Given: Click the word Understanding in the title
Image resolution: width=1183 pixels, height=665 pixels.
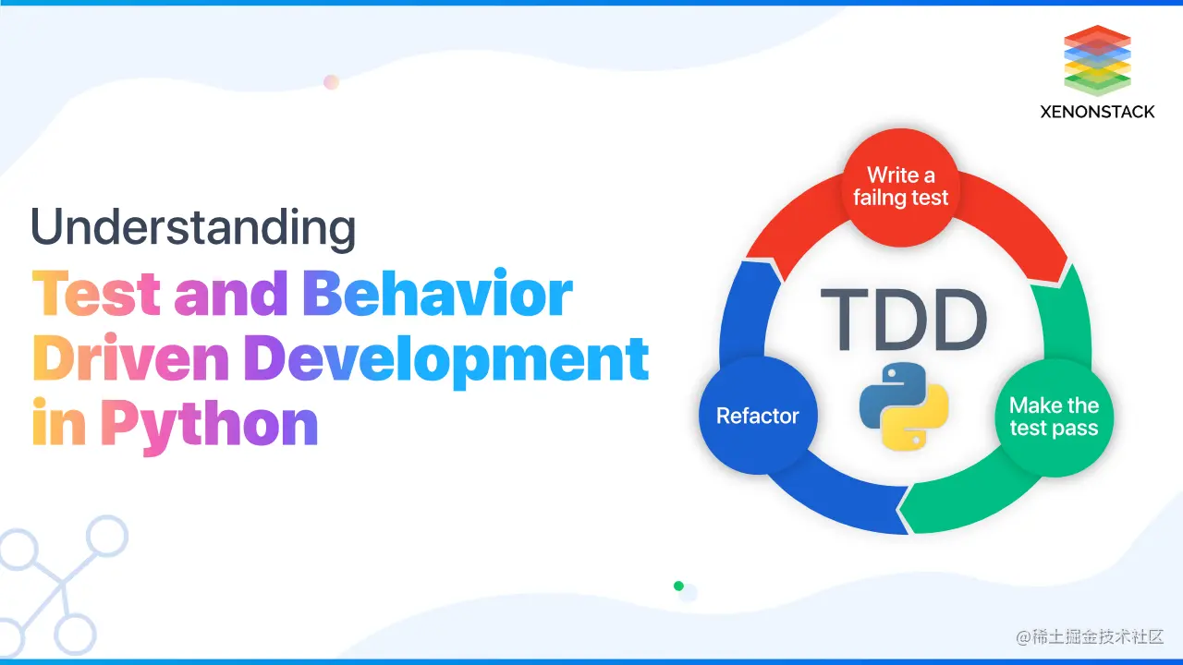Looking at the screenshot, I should [x=193, y=227].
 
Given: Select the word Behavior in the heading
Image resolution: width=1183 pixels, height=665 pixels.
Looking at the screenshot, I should [x=438, y=295].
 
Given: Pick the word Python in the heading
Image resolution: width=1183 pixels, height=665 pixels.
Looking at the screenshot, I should [x=210, y=423].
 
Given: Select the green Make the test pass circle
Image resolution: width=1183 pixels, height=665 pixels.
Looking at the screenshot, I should [x=1054, y=417].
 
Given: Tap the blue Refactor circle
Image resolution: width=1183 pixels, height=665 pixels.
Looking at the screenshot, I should [x=758, y=417].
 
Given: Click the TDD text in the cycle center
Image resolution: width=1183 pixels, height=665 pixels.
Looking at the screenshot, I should [x=903, y=320].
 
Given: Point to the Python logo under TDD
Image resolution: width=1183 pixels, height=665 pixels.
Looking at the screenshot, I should [x=903, y=406].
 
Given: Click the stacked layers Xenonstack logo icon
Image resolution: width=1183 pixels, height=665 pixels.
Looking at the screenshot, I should [x=1097, y=61].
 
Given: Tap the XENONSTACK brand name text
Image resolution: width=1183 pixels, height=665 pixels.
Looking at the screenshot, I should [x=1097, y=112].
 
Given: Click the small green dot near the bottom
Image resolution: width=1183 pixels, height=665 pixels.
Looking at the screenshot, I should [x=678, y=586].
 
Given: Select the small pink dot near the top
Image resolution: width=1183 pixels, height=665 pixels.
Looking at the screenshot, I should [x=331, y=82].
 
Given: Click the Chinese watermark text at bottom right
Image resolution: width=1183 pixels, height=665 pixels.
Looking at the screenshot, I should [x=1090, y=637].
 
